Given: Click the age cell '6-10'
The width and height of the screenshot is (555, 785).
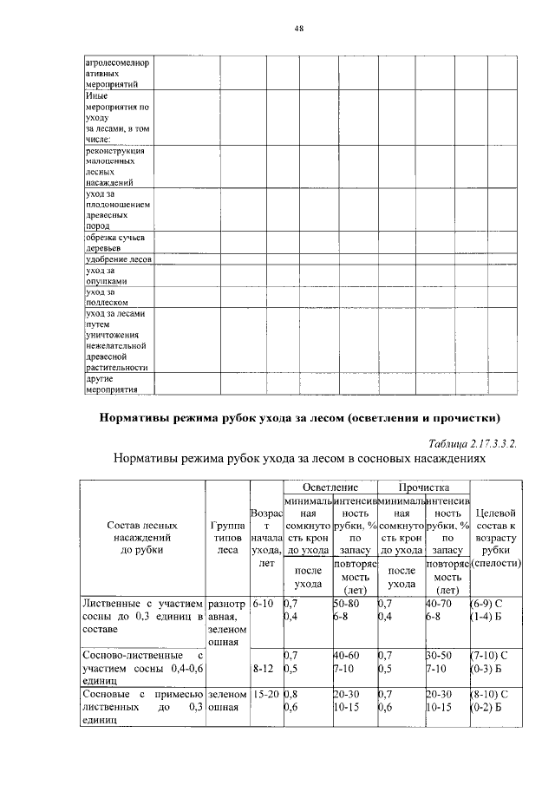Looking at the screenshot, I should pos(262,601).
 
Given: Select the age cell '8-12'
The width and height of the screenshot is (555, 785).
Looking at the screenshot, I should pos(262,669).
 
